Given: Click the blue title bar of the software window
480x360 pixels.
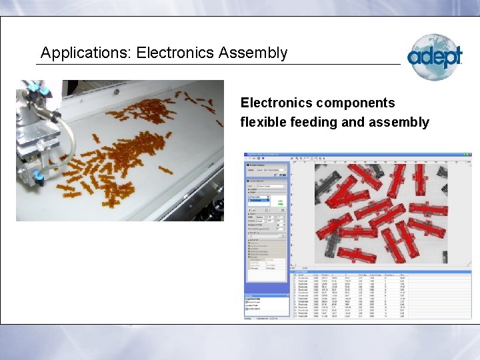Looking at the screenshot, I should (357, 155).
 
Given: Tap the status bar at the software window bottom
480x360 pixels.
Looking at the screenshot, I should (357, 319).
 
